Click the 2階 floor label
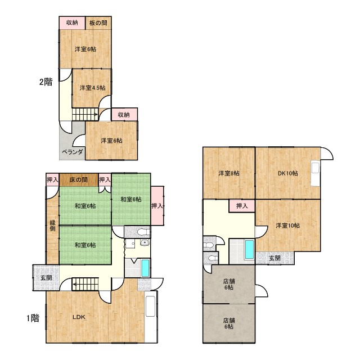point(46,82)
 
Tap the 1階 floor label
point(33,318)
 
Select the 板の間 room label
point(98,23)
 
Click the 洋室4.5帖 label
point(92,88)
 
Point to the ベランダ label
point(72,152)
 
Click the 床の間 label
point(79,179)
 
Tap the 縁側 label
point(53,226)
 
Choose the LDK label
point(79,317)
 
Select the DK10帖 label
point(288,173)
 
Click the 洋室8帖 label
point(229,173)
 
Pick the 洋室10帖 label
point(287,226)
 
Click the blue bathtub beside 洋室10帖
point(249,249)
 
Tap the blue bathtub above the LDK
point(145,268)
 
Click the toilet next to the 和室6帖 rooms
point(143,232)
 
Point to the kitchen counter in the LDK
point(151,306)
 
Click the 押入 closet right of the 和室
point(157,206)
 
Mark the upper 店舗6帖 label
point(229,284)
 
